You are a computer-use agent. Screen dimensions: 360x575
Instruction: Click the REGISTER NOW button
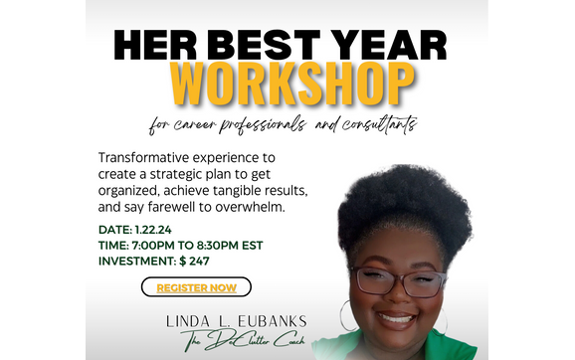tap(196, 287)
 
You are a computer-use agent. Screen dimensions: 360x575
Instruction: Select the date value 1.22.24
tap(154, 228)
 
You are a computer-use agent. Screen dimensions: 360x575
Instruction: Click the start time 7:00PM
tap(164, 244)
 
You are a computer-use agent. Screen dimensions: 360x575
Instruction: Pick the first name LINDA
tap(190, 322)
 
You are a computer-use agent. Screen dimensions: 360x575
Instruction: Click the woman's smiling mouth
tap(397, 318)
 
